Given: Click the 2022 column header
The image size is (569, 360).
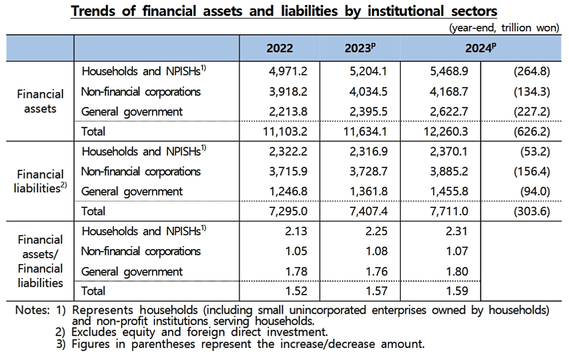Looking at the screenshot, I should tap(280, 48).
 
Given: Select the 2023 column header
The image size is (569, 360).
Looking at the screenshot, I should tap(359, 48).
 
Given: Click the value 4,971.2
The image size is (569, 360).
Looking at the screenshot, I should tap(287, 72).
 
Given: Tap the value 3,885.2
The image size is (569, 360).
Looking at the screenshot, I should tap(448, 172).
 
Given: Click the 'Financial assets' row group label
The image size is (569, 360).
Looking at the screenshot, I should tap(40, 101).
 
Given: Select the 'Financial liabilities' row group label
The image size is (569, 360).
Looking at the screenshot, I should tap(40, 181).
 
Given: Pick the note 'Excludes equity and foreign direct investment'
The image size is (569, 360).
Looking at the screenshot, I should tap(199, 331).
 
